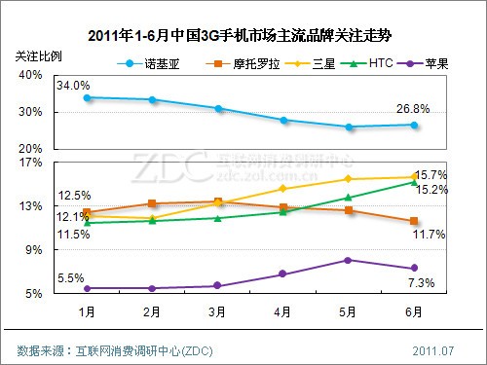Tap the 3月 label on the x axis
[217, 312]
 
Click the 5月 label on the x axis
[348, 312]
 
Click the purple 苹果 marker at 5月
[348, 260]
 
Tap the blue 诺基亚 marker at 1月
[87, 97]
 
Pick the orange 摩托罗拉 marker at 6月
[414, 221]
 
